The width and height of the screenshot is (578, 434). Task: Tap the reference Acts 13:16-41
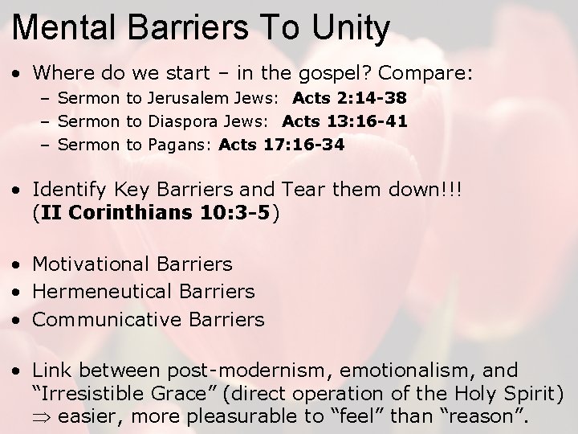tap(344, 122)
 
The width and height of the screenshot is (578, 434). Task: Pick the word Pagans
tap(180, 145)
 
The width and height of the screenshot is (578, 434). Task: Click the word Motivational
tap(88, 264)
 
